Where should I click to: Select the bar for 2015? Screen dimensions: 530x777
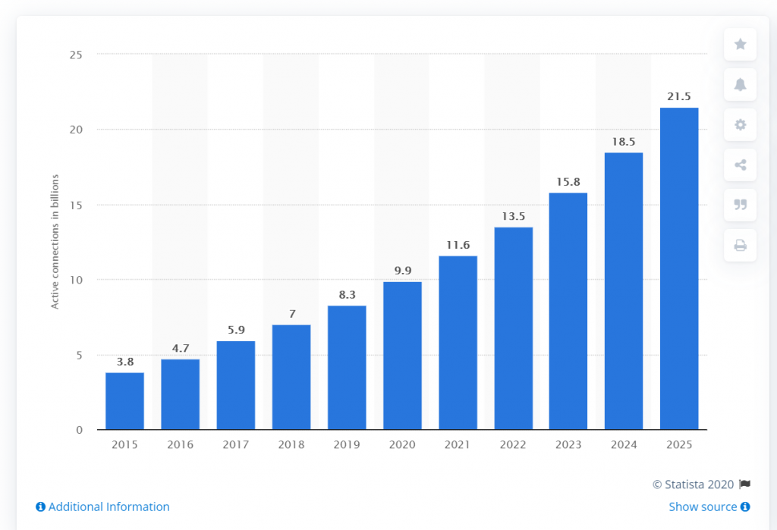pos(124,401)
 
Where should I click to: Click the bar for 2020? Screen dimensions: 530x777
pos(402,356)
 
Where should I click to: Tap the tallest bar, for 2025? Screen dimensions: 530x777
pos(679,268)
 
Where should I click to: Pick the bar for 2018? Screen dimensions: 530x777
pos(291,377)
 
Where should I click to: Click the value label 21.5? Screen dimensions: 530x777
pos(679,96)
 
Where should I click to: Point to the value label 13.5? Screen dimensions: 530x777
pos(513,216)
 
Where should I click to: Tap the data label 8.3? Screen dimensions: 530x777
pos(347,294)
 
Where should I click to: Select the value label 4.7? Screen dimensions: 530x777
pos(181,348)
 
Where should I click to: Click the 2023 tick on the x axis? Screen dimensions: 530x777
pos(568,444)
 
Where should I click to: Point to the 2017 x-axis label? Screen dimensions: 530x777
pos(236,444)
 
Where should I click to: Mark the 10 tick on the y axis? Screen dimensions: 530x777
pos(75,280)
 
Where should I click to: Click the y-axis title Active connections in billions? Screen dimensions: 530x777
pos(55,242)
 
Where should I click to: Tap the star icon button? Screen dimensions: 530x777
pos(740,44)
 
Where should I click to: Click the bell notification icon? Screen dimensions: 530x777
pos(740,84)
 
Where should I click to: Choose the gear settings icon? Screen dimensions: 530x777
pos(740,124)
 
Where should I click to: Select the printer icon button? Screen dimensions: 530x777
pos(740,245)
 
